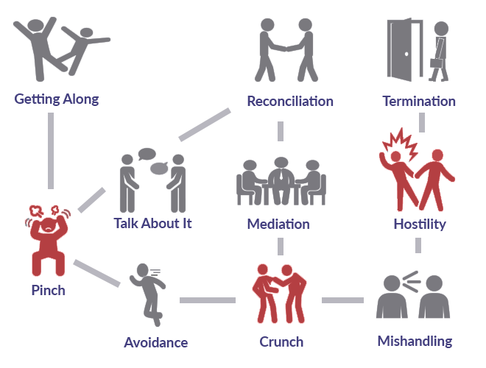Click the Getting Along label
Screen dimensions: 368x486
[x=56, y=99]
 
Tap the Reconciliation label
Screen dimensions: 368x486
[x=289, y=101]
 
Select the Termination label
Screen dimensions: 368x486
[x=418, y=101]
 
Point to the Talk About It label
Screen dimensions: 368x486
[x=152, y=222]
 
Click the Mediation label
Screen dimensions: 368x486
[x=278, y=224]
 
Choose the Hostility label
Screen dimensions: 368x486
[x=420, y=224]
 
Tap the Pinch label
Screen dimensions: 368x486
[x=48, y=290]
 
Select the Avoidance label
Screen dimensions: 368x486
[x=155, y=342]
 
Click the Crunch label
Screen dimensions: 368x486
[x=281, y=342]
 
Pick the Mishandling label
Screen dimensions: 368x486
[x=415, y=341]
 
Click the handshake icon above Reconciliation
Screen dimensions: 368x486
[x=286, y=50]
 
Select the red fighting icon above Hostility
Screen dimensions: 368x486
[x=417, y=171]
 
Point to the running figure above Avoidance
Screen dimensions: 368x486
[x=147, y=295]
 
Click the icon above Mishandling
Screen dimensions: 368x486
[x=413, y=294]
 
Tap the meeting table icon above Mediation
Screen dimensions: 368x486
[x=281, y=181]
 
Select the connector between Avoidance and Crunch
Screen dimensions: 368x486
[x=207, y=300]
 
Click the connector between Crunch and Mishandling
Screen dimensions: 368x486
[x=342, y=300]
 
